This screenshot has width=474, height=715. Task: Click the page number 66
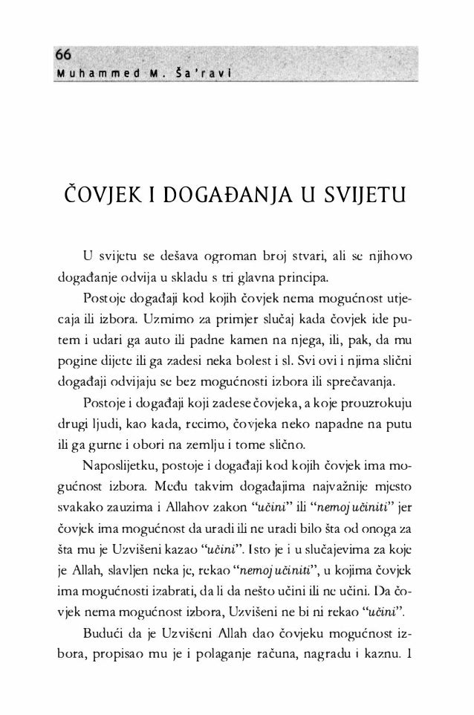pos(62,56)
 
